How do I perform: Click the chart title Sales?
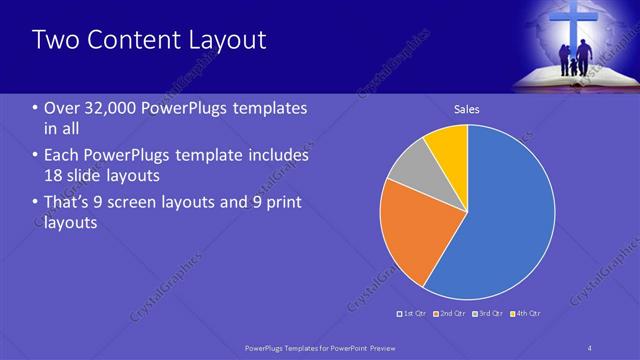[x=467, y=109]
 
